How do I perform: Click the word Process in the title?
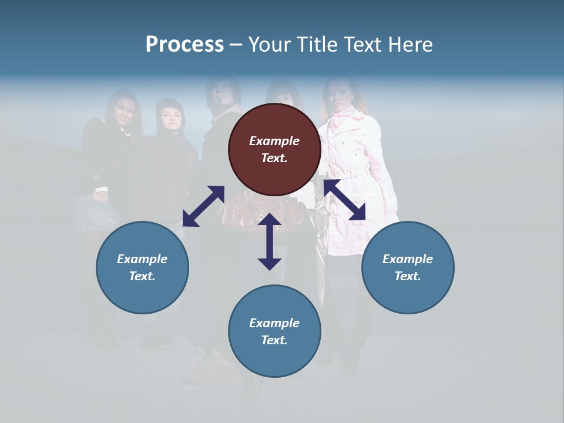click(x=184, y=44)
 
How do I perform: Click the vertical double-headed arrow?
click(x=270, y=241)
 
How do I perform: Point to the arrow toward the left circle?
click(x=203, y=206)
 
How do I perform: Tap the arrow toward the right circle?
click(x=345, y=200)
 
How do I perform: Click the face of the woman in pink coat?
click(x=340, y=98)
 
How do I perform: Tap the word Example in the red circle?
click(x=274, y=141)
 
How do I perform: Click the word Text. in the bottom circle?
click(x=274, y=340)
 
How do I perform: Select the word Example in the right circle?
click(x=408, y=259)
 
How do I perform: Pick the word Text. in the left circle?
click(x=142, y=276)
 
